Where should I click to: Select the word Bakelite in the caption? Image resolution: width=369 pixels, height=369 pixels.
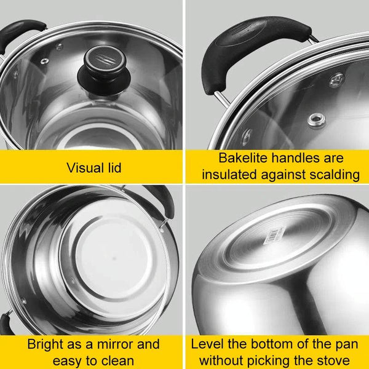[x=244, y=157]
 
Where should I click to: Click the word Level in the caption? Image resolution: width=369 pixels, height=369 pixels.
[x=207, y=344]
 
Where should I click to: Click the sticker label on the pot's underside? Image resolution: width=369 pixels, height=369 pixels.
[x=275, y=236]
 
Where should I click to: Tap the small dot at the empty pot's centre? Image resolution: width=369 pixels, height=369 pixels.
[x=114, y=258]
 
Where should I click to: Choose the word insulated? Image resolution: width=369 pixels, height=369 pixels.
[x=229, y=175]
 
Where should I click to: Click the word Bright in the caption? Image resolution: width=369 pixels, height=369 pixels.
[x=46, y=344]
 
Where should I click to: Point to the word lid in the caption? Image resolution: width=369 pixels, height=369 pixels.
[x=114, y=168]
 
